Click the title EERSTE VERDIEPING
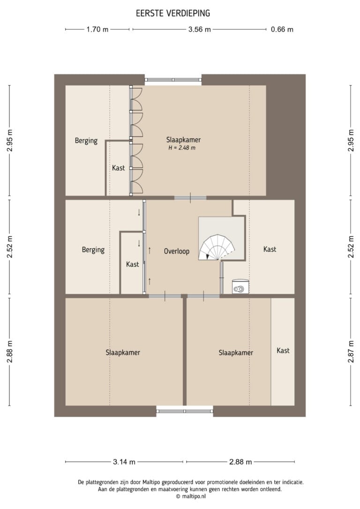173,13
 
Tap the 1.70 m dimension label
97,30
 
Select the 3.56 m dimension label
199,30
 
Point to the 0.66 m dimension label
282,30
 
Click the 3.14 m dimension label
124,462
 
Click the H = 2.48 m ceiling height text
182,148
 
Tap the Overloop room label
177,251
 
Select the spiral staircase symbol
217,247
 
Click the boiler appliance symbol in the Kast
240,287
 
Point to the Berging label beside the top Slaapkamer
86,141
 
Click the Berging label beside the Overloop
93,250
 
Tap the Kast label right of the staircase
270,249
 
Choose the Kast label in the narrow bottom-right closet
283,351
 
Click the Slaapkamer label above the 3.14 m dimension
123,352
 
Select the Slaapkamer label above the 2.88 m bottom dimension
236,353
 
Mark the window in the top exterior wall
173,80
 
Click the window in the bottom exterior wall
185,411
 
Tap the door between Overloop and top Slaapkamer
190,198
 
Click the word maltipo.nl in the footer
194,496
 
